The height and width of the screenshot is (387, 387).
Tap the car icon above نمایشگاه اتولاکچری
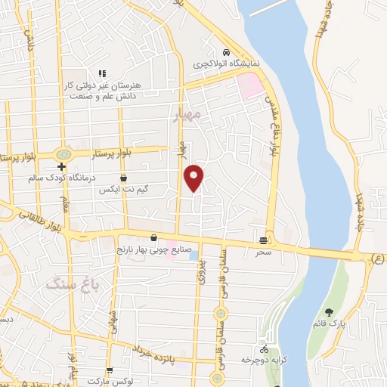tap(227, 53)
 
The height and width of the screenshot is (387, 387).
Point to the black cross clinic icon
tap(61, 167)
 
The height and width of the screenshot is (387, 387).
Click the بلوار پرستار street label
tap(114, 153)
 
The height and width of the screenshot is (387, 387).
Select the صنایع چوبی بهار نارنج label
tap(155, 249)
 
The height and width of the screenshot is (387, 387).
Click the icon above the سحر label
tap(263, 240)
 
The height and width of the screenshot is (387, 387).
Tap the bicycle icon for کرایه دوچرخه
tap(263, 349)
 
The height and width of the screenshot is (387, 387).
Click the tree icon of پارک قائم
tap(328, 312)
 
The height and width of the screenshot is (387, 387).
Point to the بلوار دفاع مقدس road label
tap(273, 125)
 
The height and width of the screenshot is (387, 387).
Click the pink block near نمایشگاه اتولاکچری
tap(249, 84)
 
